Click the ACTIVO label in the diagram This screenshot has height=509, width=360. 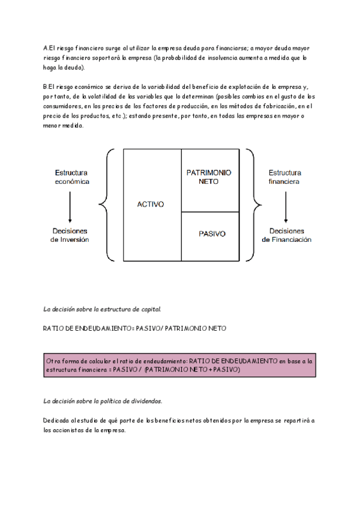coord(151,205)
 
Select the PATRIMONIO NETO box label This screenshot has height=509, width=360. coord(209,177)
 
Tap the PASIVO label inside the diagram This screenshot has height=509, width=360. coord(211,234)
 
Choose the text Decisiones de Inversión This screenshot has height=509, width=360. coord(70,235)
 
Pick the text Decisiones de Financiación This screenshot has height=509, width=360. coord(286,235)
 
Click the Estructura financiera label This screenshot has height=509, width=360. coord(285,176)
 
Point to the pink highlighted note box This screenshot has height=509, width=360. coord(179,366)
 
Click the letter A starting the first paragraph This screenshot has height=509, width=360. coord(46,47)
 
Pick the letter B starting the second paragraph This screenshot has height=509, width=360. coord(46,86)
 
